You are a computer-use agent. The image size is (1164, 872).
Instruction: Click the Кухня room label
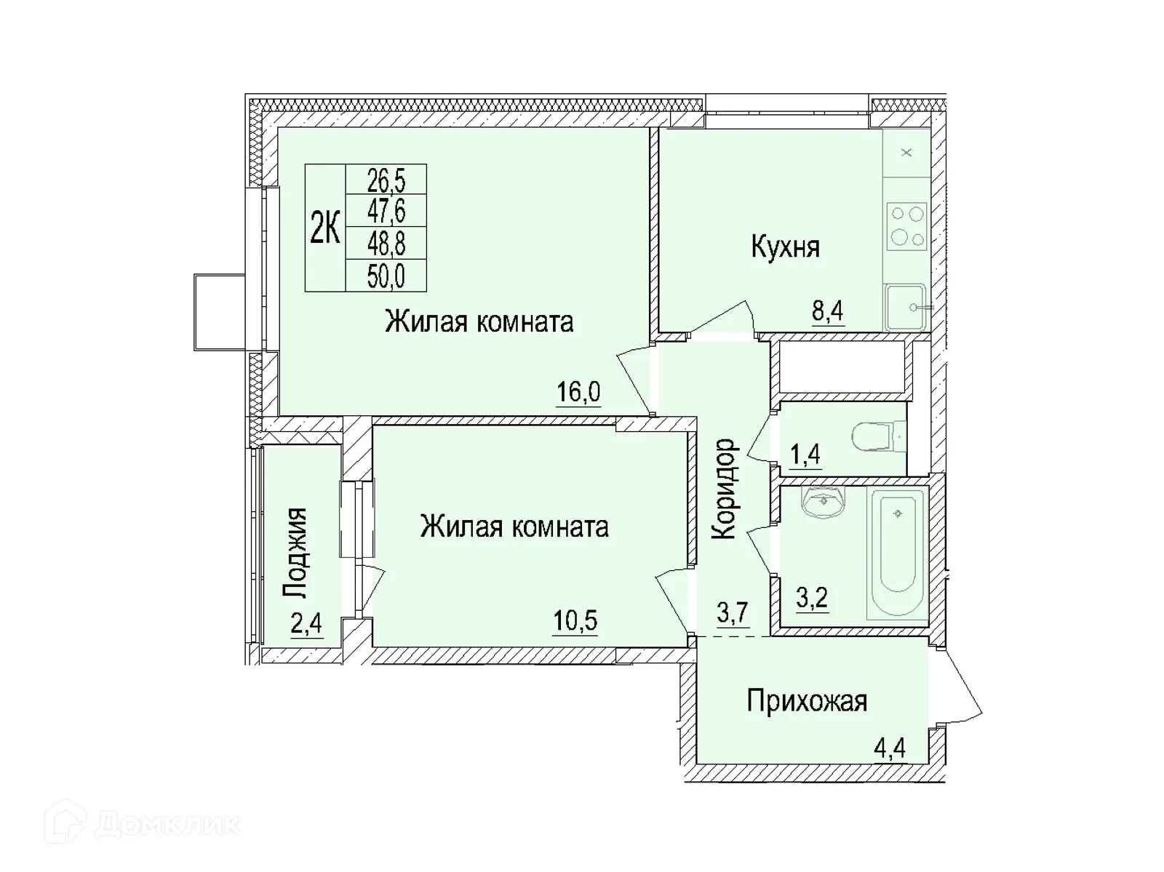click(x=785, y=247)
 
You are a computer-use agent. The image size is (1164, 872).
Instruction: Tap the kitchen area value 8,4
click(x=827, y=311)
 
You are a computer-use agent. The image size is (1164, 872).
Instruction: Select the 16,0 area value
click(x=578, y=392)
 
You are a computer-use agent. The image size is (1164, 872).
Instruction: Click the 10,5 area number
click(x=575, y=621)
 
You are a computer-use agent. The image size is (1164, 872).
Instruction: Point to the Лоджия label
click(x=295, y=553)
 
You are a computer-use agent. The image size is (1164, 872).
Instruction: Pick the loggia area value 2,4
click(x=306, y=625)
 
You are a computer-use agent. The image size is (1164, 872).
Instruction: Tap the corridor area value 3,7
click(x=733, y=613)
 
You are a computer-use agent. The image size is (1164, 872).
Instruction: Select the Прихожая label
click(x=807, y=702)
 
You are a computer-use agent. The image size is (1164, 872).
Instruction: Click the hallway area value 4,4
click(x=889, y=748)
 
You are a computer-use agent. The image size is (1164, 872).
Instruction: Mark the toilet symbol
click(x=877, y=438)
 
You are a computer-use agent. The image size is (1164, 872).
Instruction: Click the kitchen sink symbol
click(x=906, y=307)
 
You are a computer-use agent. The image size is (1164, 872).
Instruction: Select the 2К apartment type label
click(x=325, y=228)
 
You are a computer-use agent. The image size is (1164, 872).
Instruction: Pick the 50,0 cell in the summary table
click(x=386, y=276)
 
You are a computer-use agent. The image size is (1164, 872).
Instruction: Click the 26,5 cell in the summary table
click(x=386, y=179)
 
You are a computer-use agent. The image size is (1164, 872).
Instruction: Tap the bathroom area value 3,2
click(x=811, y=599)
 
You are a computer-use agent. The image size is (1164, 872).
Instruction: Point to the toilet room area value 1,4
click(x=805, y=455)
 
